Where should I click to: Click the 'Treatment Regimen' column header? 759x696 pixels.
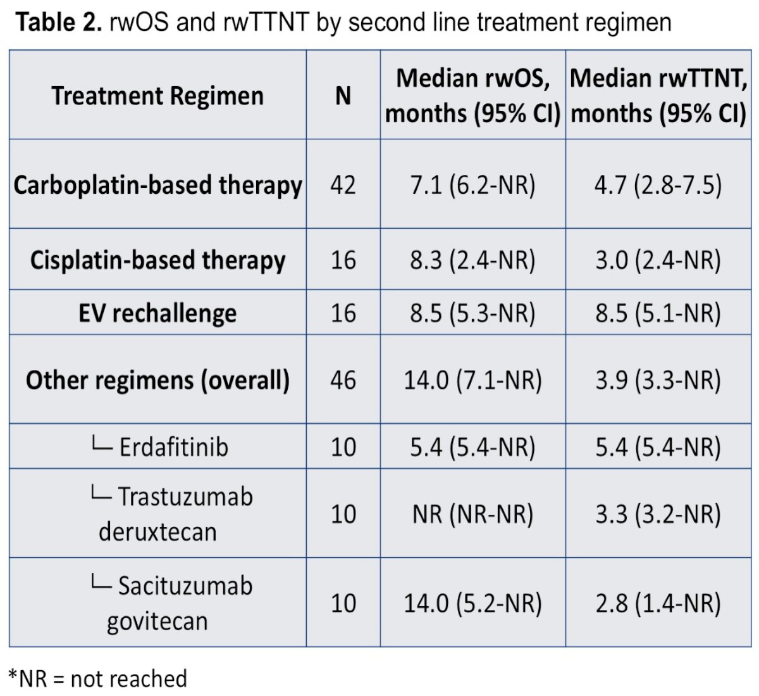point(157,96)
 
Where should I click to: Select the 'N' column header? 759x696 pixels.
point(343,96)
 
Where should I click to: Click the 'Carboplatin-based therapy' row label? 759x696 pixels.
point(157,186)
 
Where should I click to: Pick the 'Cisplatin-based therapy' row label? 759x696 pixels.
point(157,261)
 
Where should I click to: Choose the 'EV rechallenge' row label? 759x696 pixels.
point(157,313)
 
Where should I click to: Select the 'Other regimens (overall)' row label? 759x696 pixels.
point(157,380)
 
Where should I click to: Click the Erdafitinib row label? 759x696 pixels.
point(159,446)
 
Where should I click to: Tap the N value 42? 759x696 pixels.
point(343,186)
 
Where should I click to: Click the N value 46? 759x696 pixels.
point(343,380)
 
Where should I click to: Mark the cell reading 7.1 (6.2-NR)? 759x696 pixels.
point(472,186)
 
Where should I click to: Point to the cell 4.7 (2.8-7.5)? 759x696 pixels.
point(658,186)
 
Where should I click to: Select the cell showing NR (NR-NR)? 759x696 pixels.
point(472,514)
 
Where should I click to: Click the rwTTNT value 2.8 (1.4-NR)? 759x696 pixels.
point(658,603)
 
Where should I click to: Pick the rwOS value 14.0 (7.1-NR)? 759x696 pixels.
point(472,380)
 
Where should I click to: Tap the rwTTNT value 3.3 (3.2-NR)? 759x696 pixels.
point(658,514)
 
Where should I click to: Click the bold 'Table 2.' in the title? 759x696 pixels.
point(59,22)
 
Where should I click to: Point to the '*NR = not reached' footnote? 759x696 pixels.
point(98,678)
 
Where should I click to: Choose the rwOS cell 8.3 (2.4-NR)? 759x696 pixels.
point(472,261)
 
